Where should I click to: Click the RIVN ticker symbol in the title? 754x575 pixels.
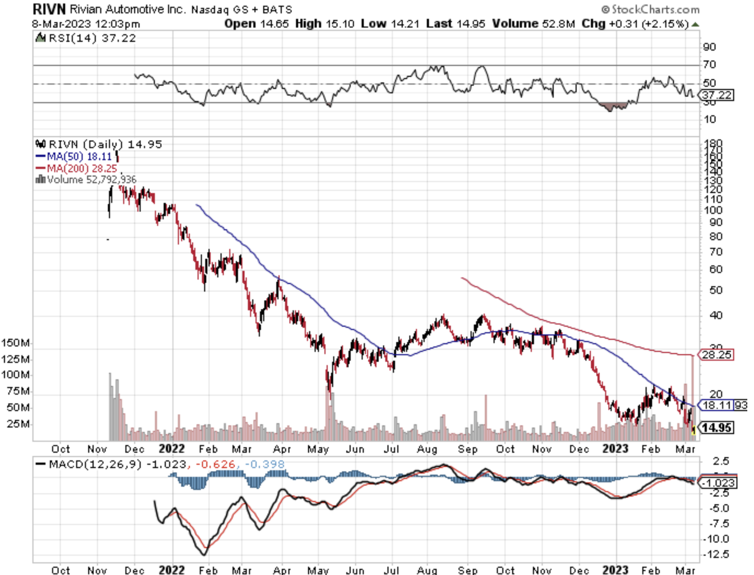[49, 9]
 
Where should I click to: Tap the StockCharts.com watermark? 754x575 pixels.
[651, 9]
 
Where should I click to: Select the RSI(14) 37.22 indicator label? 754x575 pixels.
[87, 38]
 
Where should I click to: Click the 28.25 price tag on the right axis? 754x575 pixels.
[717, 355]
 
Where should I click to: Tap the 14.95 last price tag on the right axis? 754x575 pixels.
[717, 428]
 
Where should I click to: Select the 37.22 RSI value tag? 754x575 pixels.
[717, 95]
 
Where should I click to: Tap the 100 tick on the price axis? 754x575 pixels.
[713, 210]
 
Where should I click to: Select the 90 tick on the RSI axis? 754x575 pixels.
[710, 47]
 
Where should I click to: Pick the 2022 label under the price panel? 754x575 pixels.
[172, 449]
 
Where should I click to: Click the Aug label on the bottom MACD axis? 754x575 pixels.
[427, 571]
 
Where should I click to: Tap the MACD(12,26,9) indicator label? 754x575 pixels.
[95, 464]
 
